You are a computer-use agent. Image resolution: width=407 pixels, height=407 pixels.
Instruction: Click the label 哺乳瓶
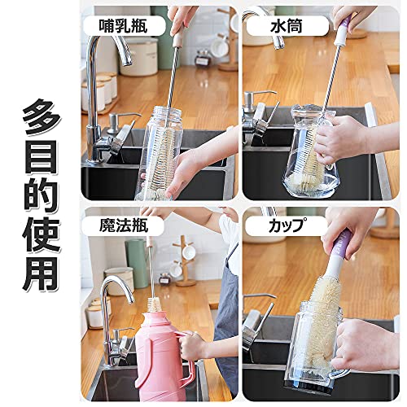click(123, 26)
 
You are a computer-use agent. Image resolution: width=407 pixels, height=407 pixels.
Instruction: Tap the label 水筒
click(286, 26)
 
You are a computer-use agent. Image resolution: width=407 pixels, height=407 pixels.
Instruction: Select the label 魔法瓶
click(124, 225)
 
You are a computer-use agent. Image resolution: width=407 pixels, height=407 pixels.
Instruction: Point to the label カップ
click(286, 225)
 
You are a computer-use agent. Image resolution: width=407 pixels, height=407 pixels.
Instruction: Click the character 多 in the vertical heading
click(42, 117)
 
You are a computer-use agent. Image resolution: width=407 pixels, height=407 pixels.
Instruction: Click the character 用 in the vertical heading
click(42, 274)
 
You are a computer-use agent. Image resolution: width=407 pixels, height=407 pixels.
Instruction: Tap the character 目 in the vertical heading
click(42, 157)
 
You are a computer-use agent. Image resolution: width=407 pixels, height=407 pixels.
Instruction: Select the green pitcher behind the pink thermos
click(137, 263)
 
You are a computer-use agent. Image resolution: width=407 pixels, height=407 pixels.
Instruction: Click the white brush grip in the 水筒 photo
click(341, 37)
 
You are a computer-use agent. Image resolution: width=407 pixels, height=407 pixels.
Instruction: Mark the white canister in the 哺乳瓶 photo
click(138, 56)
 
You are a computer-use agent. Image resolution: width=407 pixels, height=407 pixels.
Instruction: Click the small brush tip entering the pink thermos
click(154, 304)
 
